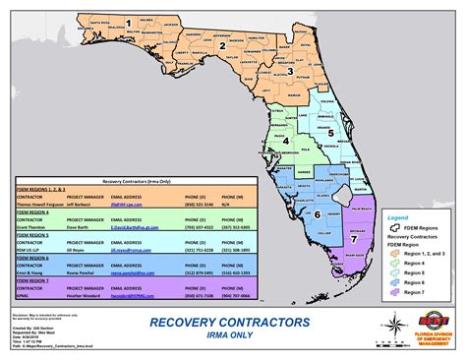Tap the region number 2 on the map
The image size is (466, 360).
tap(223, 45)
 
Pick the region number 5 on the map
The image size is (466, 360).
tap(331, 133)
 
